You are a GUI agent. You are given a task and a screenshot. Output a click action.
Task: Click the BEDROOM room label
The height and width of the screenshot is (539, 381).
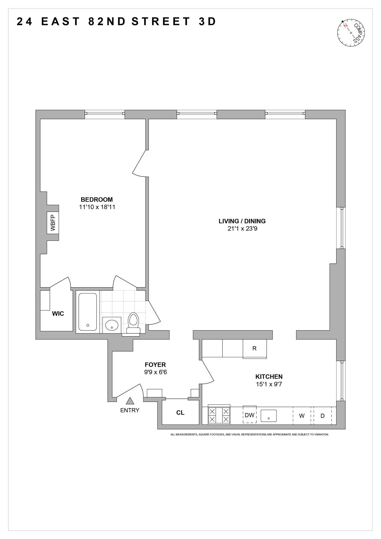(x=97, y=200)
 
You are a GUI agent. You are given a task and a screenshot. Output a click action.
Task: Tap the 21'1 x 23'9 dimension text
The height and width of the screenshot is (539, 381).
(x=242, y=229)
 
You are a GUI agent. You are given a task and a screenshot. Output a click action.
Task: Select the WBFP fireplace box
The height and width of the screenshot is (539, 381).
(x=53, y=223)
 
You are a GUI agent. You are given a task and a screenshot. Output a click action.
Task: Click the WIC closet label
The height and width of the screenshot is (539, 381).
(x=58, y=314)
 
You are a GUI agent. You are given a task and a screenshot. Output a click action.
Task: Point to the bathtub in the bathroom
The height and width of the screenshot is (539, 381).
(x=88, y=312)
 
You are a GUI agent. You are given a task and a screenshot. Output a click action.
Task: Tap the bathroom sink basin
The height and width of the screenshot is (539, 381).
(x=112, y=325)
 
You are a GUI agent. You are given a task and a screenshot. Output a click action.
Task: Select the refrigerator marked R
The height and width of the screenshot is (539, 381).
(x=255, y=348)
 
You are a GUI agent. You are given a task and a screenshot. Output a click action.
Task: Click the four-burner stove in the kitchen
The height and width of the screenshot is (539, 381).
(x=219, y=415)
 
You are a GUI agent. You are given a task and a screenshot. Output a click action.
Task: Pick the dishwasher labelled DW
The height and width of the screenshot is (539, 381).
(x=250, y=415)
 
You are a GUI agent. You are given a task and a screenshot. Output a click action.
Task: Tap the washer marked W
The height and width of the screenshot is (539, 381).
(x=302, y=416)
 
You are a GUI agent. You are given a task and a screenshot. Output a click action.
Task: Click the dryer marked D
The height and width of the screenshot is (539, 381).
(x=322, y=416)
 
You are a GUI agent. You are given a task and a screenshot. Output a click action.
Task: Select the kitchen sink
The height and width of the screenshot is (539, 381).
(x=269, y=416)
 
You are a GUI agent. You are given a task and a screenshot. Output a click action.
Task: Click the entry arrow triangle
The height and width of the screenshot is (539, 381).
(x=130, y=401)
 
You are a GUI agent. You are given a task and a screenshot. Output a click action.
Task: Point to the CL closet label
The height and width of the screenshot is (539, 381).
(x=180, y=413)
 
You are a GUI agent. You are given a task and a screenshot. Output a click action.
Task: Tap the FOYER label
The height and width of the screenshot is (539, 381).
(x=155, y=365)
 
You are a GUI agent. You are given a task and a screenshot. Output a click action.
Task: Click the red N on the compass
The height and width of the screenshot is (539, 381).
(x=345, y=26)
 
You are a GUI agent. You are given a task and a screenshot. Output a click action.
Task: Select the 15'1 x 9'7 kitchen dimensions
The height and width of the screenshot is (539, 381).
(x=269, y=384)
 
